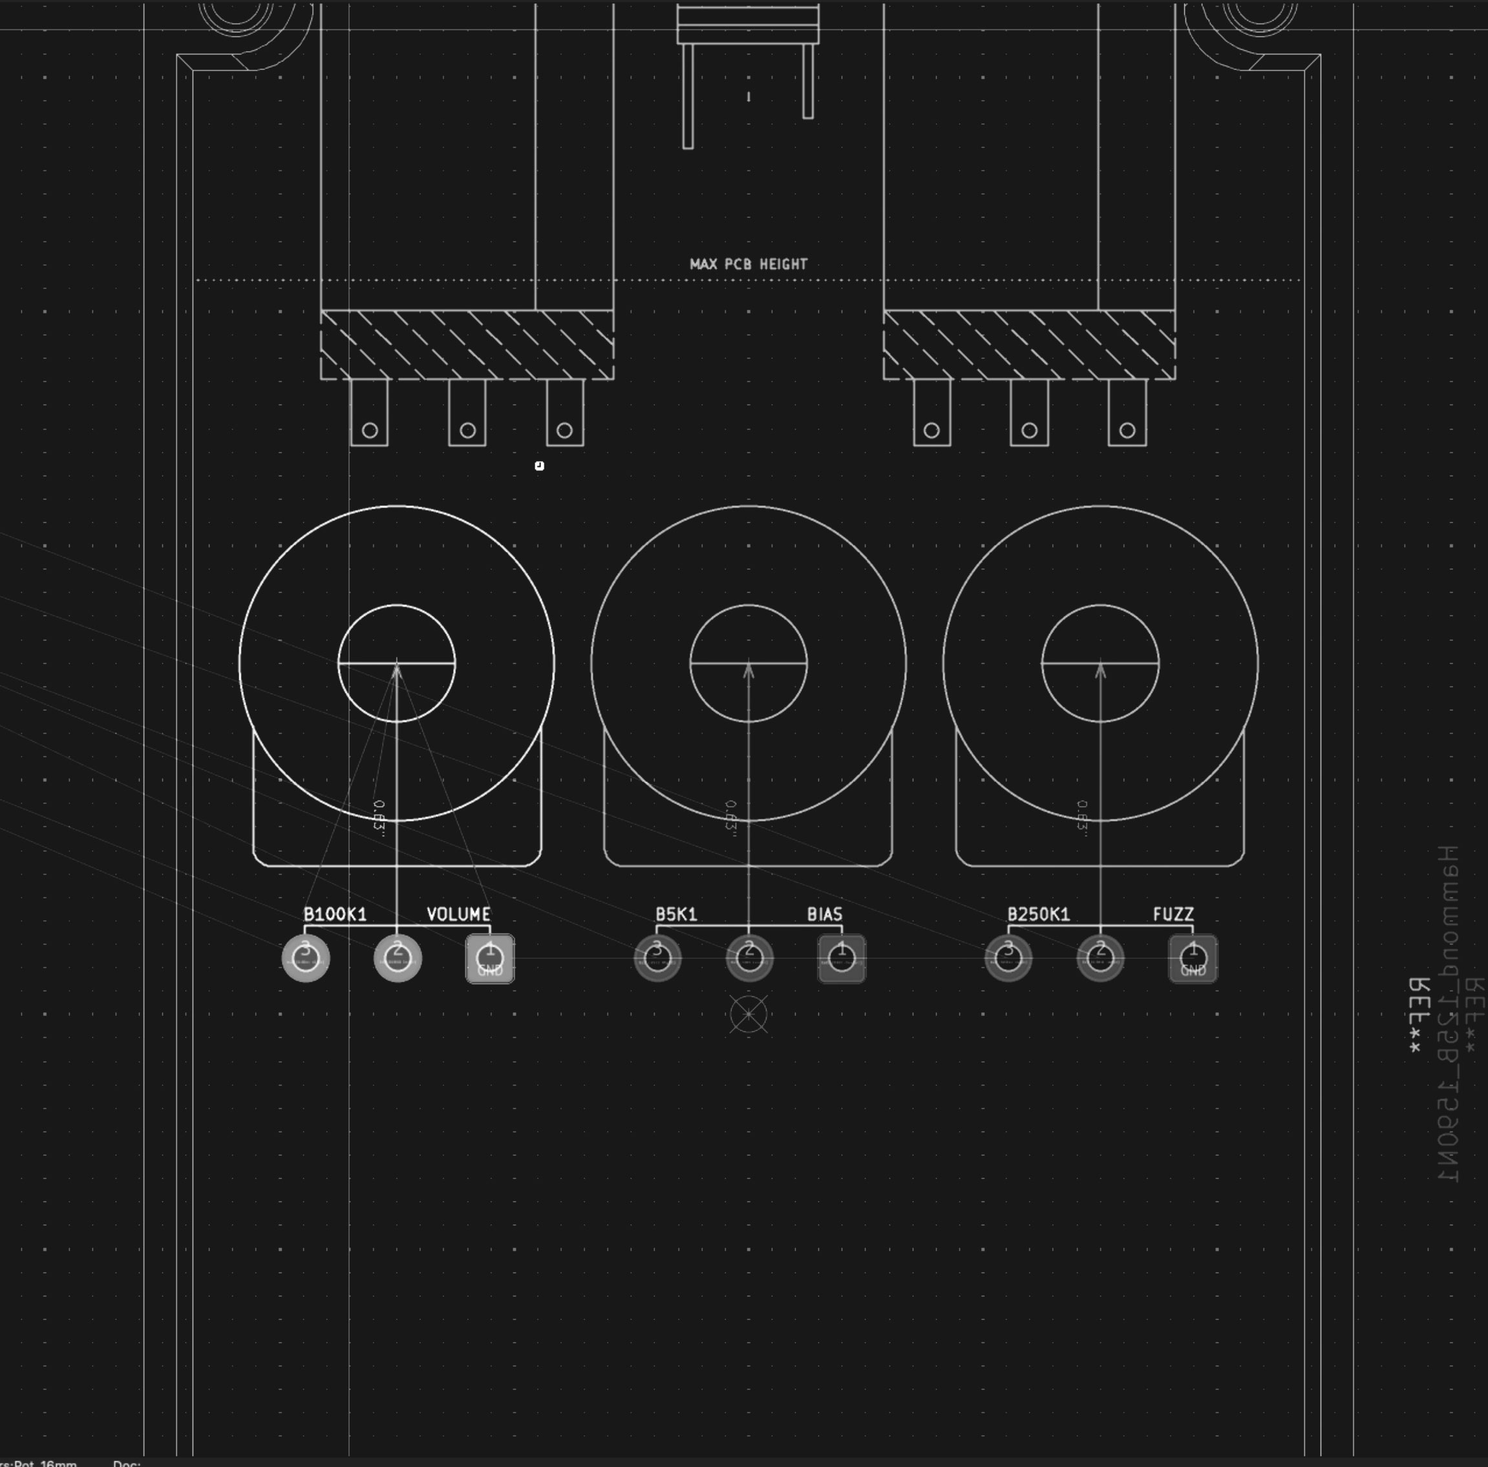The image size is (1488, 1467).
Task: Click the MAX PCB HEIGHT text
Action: [x=749, y=264]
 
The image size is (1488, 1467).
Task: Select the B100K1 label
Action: [x=335, y=914]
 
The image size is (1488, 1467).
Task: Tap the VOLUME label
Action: [x=458, y=914]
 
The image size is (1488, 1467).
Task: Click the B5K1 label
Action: [x=676, y=914]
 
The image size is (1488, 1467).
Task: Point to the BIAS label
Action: [x=824, y=914]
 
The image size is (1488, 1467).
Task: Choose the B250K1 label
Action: [x=1038, y=914]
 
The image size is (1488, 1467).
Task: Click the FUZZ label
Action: [x=1173, y=914]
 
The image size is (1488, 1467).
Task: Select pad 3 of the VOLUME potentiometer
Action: [x=306, y=958]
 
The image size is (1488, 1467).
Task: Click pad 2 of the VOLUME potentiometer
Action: [x=398, y=958]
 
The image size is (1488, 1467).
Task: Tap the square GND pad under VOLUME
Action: [x=490, y=958]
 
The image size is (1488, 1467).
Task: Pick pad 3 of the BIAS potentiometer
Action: [x=657, y=958]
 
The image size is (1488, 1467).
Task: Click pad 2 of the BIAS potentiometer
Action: [x=749, y=958]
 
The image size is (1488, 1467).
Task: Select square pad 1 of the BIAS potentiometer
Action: [x=841, y=958]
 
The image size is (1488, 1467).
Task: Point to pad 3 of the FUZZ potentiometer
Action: [x=1008, y=958]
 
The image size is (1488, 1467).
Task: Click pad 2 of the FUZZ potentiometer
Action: [x=1100, y=958]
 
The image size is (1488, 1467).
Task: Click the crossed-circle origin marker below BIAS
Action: [x=749, y=1014]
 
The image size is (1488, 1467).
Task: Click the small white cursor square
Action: [x=539, y=465]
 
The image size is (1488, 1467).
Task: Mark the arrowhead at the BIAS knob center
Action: [x=749, y=670]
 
